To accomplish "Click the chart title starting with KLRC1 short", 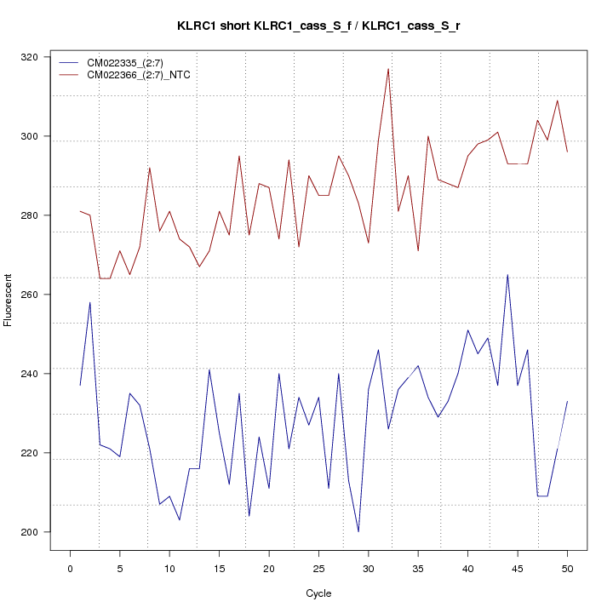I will tap(318, 26).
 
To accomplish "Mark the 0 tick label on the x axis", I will tap(70, 569).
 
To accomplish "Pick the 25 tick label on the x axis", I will tap(318, 569).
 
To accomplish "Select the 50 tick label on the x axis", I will tap(567, 569).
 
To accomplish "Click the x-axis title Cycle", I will tap(318, 593).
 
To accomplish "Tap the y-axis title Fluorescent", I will tap(9, 300).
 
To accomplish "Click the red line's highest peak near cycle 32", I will tap(388, 69).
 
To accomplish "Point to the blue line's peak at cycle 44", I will tap(507, 275).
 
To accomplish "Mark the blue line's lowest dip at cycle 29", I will tap(358, 531).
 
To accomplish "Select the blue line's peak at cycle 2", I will tap(89, 302).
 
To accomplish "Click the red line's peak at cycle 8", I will tap(150, 168).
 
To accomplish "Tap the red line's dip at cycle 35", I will tap(418, 250).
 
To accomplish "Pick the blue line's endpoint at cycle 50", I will tap(567, 401).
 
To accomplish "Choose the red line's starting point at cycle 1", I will tap(80, 211).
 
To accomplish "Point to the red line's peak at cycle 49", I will tap(557, 100).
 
